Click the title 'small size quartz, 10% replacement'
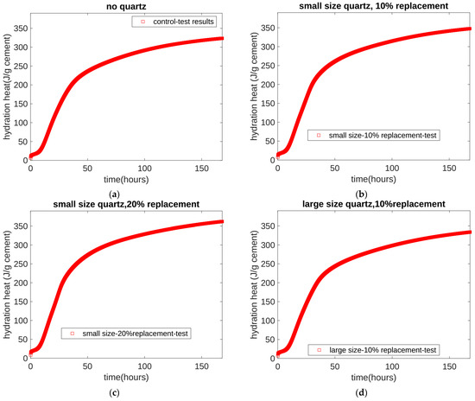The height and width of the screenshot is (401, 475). [x=375, y=7]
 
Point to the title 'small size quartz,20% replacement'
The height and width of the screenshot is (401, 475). [x=128, y=203]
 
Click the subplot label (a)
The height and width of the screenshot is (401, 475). [x=128, y=192]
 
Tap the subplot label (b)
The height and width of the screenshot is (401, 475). [x=375, y=192]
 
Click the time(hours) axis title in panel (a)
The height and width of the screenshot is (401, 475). [x=128, y=178]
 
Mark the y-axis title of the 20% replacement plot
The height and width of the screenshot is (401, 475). [x=6, y=285]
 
